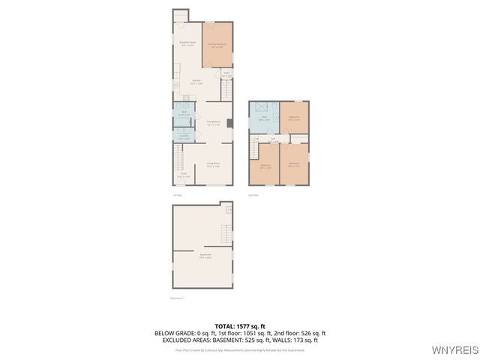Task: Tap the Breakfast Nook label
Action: (x=187, y=44)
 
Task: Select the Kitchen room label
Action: (x=196, y=82)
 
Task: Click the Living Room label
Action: (x=213, y=164)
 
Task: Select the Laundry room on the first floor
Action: (x=184, y=136)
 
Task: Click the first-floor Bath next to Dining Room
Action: (x=184, y=114)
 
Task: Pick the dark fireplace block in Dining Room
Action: (x=229, y=123)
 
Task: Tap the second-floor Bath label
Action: (x=264, y=118)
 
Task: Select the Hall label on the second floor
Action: (x=273, y=139)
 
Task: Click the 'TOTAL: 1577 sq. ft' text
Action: (x=240, y=326)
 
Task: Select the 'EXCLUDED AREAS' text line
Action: (x=240, y=340)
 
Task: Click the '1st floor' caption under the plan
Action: (x=177, y=195)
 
